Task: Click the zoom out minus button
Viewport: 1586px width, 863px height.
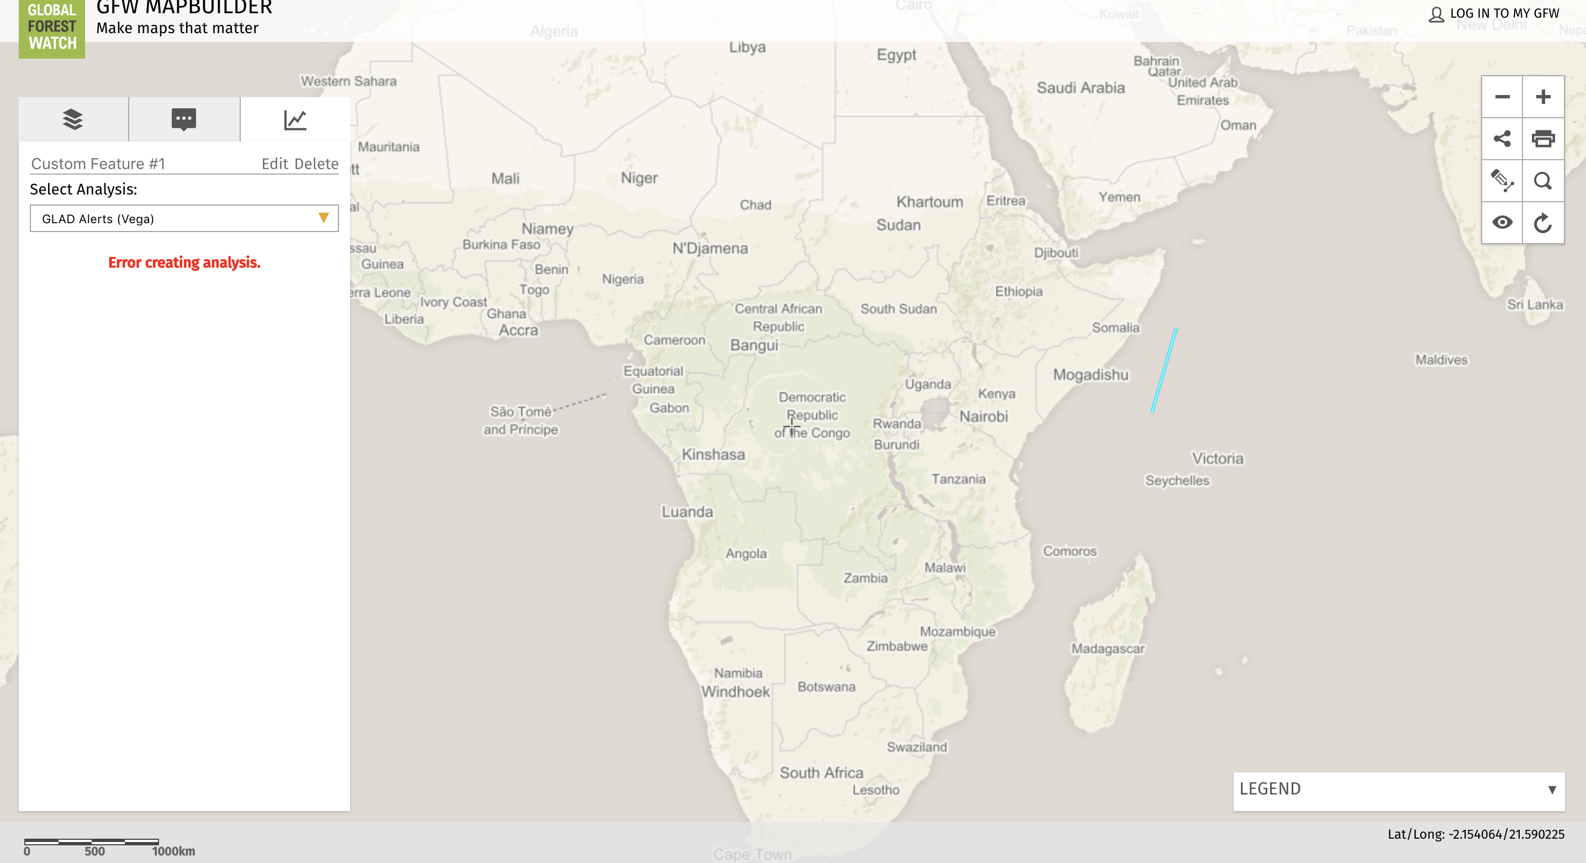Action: click(1502, 97)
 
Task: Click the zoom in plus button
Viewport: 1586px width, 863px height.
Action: click(1543, 97)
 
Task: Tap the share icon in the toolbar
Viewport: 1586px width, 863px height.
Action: click(1502, 139)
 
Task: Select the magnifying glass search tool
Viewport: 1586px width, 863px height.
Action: click(1543, 181)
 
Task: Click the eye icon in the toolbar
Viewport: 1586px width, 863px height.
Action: click(1502, 222)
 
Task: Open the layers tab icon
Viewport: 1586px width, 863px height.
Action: click(73, 119)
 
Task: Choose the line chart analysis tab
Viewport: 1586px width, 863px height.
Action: click(295, 119)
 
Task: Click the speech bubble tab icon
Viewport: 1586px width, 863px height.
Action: click(183, 119)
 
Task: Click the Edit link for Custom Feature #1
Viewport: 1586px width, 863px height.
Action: click(274, 164)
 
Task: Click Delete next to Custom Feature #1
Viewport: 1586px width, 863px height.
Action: click(316, 164)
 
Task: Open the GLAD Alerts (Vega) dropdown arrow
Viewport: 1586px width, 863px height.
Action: click(323, 218)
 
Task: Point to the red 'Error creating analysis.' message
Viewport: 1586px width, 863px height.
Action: click(184, 262)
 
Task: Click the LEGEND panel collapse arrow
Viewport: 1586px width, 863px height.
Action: click(1552, 790)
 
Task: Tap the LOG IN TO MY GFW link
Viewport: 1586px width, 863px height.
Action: click(1504, 14)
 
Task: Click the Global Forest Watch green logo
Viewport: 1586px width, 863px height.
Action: click(52, 27)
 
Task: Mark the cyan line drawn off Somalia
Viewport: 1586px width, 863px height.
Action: click(1164, 370)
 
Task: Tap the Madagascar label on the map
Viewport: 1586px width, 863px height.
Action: click(1108, 649)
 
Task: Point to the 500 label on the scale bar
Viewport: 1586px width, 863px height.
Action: click(94, 851)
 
